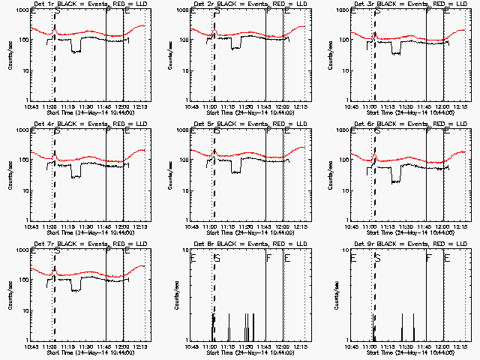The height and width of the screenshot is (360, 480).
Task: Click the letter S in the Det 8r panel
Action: click(x=217, y=258)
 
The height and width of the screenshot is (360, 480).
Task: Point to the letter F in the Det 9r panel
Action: click(x=429, y=258)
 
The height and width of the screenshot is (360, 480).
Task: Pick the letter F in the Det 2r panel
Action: click(x=268, y=13)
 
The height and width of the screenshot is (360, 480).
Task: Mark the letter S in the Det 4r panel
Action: click(x=56, y=133)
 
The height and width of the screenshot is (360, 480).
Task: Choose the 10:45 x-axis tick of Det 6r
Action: click(x=355, y=226)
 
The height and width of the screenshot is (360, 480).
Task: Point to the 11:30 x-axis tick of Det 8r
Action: click(x=248, y=346)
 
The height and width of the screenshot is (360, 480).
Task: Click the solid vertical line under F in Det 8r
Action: click(x=267, y=300)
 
